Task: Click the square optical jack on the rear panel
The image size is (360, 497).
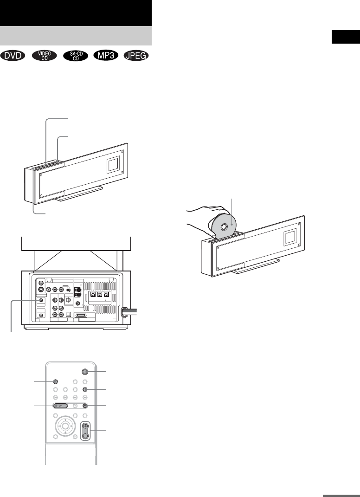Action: [68, 314]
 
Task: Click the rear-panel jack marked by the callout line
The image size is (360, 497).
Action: [42, 300]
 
